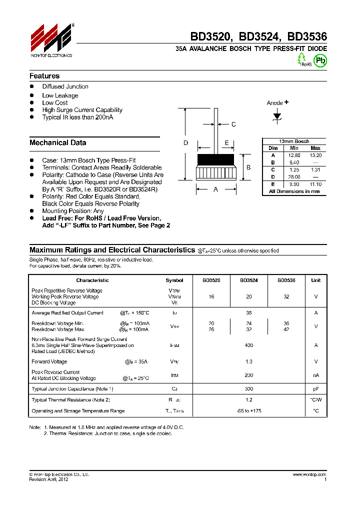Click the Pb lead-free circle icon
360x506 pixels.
320,59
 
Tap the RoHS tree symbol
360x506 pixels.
301,58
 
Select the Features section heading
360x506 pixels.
44,76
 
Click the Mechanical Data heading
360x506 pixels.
57,142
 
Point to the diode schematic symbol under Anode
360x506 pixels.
276,116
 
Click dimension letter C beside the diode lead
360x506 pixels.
233,124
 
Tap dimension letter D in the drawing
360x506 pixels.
185,143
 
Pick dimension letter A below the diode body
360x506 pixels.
215,189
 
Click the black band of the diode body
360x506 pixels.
215,160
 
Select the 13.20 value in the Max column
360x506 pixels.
315,155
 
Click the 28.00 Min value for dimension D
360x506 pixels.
294,177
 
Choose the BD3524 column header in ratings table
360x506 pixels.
248,280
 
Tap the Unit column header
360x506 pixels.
315,280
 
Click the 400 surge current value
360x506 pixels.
248,345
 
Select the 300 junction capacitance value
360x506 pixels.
248,388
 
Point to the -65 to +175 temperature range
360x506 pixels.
248,411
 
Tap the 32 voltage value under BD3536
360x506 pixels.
286,296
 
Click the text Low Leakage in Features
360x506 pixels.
60,95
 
